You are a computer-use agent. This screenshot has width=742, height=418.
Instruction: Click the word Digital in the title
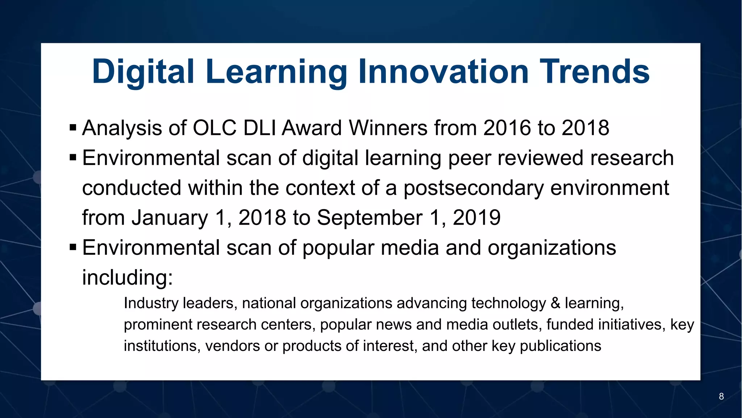pos(143,72)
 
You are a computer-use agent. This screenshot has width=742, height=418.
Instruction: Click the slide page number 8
pos(721,397)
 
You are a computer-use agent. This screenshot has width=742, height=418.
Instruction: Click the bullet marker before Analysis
pos(73,128)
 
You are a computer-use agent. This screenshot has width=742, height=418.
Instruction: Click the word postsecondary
pos(474,188)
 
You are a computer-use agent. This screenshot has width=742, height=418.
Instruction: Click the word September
pos(370,218)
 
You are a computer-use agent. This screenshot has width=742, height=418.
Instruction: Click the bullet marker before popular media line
pos(73,248)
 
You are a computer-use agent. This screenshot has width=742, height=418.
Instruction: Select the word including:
pos(128,278)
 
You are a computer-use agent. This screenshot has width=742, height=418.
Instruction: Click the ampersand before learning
pos(555,303)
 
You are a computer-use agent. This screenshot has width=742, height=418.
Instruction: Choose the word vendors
pos(233,346)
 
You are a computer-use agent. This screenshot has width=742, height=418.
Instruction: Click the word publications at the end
pos(560,346)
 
